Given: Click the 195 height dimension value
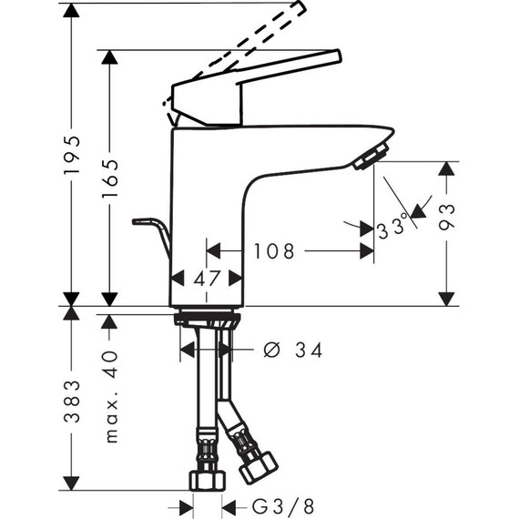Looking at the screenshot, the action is tap(72, 154).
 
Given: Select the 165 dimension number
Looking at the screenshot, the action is tap(110, 178).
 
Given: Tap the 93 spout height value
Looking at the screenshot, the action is tap(447, 217).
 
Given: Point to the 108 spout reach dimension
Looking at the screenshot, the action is tap(274, 251).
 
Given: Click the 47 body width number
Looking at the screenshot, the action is tap(207, 279).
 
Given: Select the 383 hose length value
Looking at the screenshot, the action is tap(72, 402).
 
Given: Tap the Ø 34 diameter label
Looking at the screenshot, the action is tap(292, 351).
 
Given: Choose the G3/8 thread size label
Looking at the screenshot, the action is tap(283, 506).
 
